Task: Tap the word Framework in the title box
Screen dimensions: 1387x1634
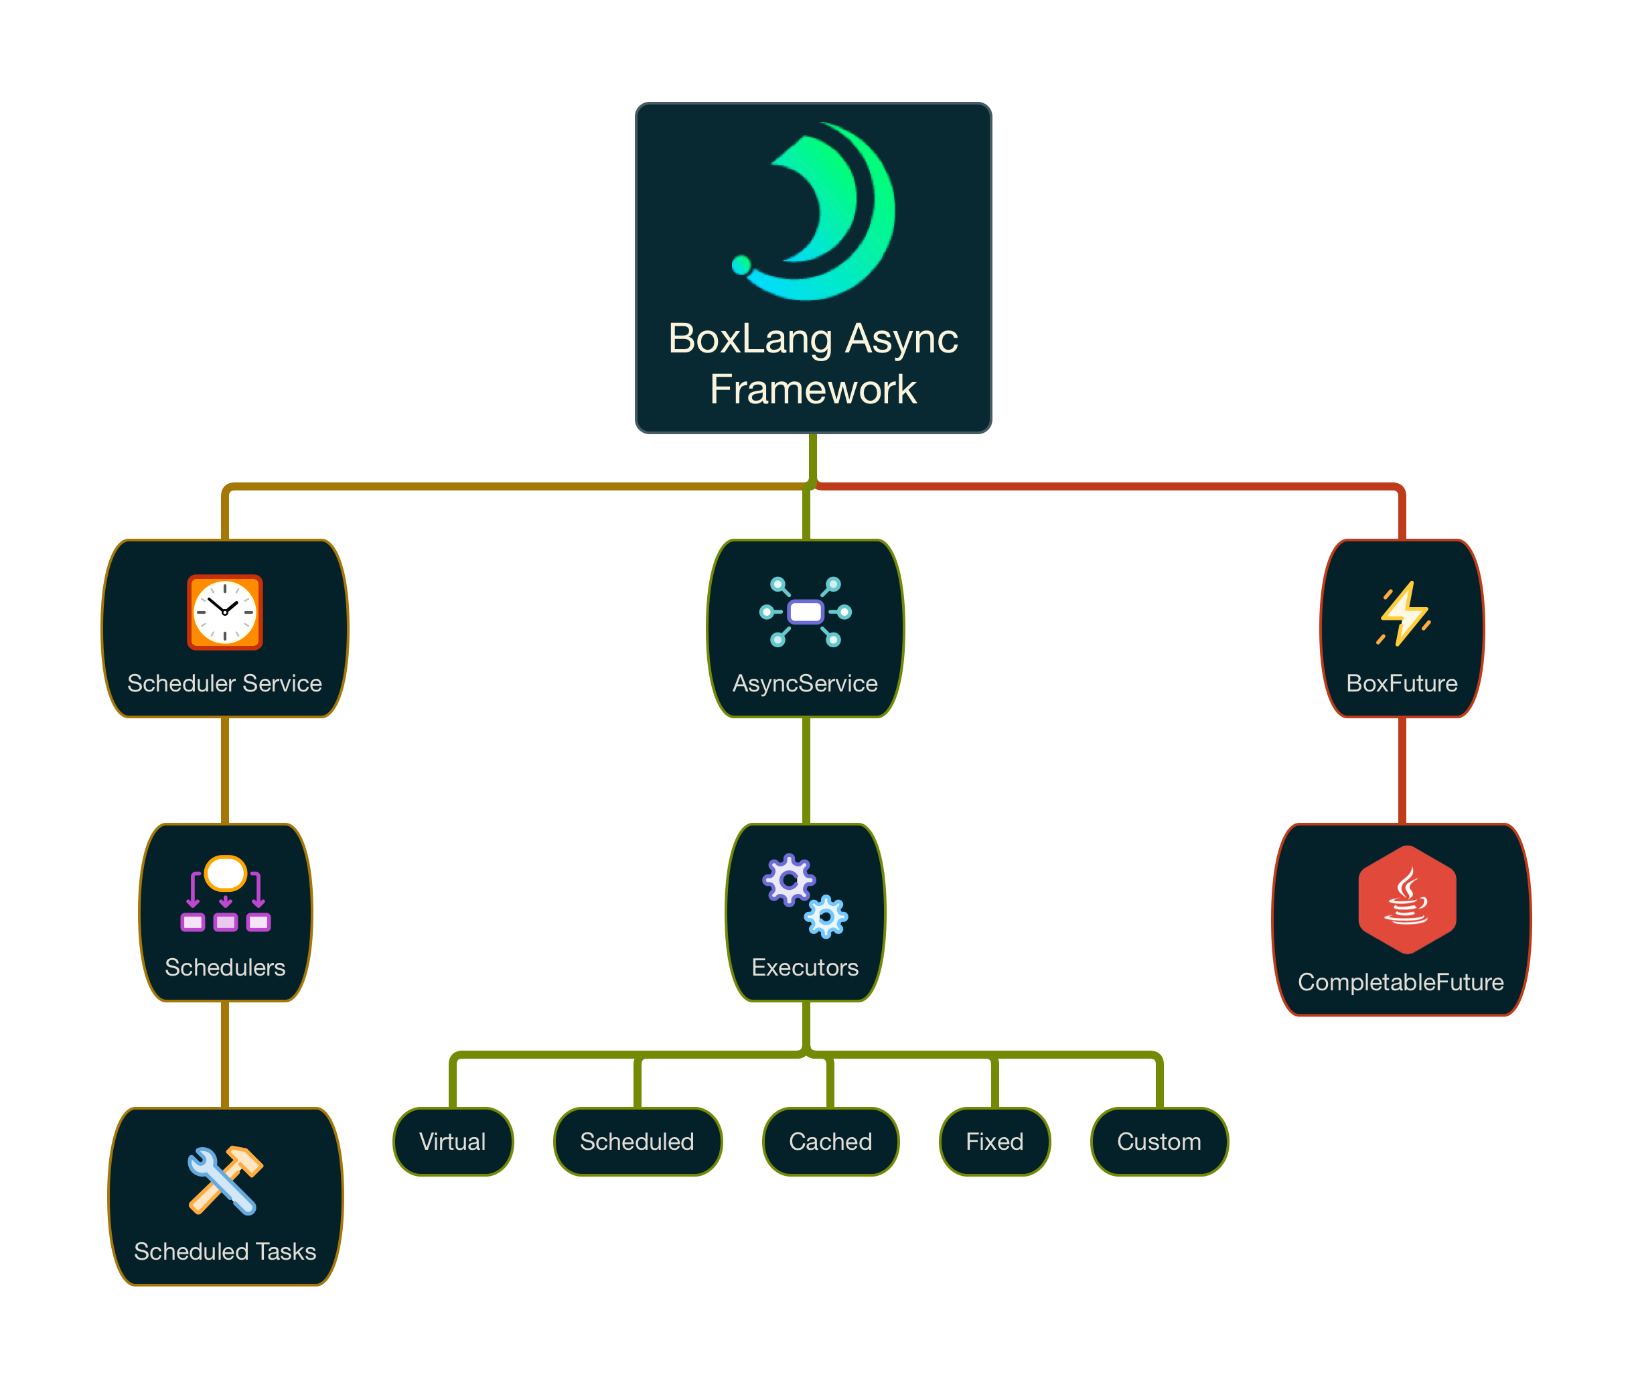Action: click(x=813, y=390)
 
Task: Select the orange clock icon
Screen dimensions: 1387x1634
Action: click(x=225, y=612)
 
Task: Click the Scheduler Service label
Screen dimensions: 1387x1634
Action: click(x=225, y=683)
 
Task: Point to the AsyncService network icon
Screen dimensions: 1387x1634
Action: click(x=806, y=612)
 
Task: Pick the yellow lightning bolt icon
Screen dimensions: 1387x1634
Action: click(x=1404, y=614)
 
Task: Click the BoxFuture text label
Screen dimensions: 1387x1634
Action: click(x=1402, y=683)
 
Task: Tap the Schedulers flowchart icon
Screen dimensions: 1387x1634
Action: click(x=226, y=894)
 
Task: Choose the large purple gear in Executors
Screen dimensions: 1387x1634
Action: click(x=788, y=880)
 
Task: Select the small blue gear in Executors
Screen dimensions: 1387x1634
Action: click(x=826, y=917)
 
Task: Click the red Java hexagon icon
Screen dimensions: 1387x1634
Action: click(x=1407, y=899)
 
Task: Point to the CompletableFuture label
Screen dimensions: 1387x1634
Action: click(x=1400, y=982)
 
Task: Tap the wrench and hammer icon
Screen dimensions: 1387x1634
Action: click(x=225, y=1180)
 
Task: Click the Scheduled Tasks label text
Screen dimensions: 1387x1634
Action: click(x=225, y=1251)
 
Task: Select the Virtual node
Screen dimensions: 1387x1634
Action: click(x=453, y=1142)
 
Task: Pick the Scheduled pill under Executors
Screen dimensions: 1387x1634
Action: click(x=638, y=1142)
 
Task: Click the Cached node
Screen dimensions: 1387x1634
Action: click(x=831, y=1142)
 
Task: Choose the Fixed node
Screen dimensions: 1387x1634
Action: click(x=994, y=1142)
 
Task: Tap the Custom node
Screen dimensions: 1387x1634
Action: click(x=1159, y=1142)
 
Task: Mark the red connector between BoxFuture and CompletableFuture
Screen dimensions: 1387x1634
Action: click(x=1402, y=771)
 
